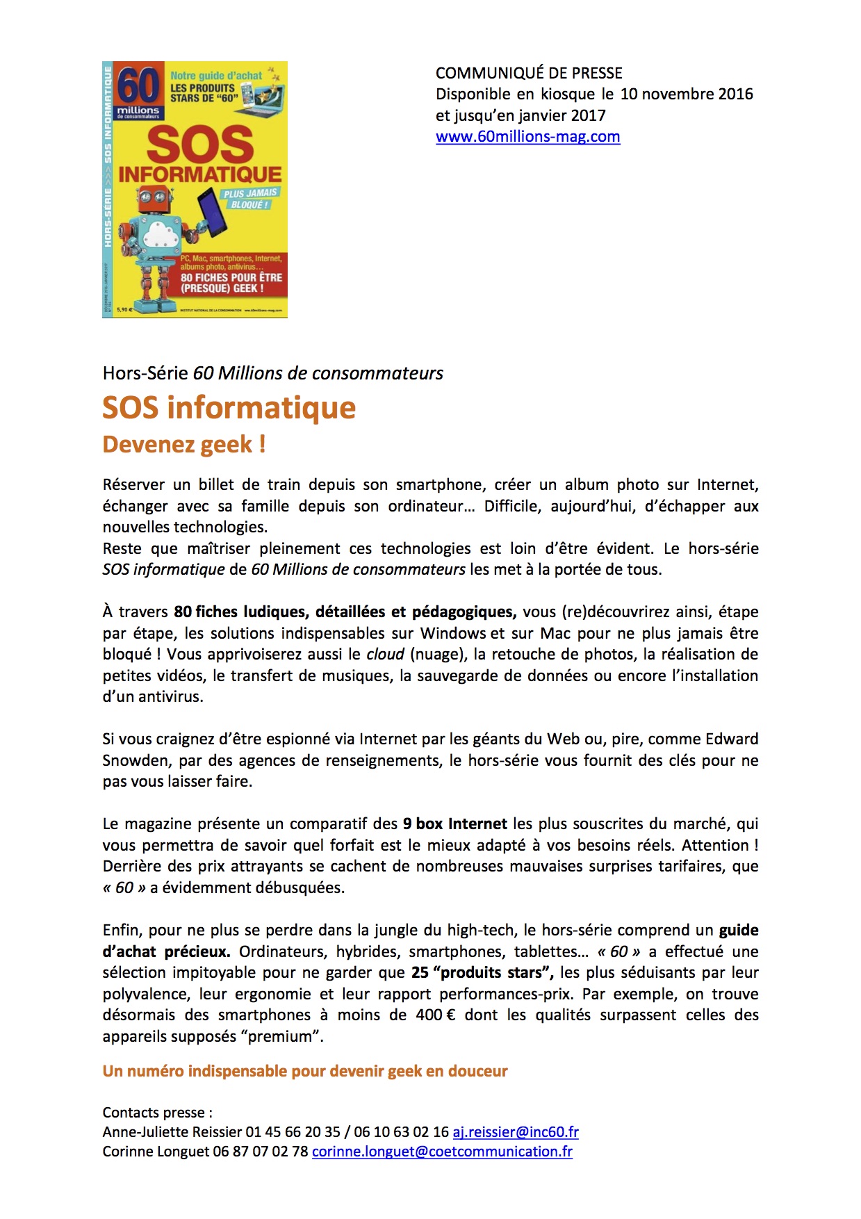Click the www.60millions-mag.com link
tap(527, 137)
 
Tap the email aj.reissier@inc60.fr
tap(516, 1132)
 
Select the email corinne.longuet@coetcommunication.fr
tap(442, 1152)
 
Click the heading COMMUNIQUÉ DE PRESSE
tap(529, 73)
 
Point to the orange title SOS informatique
tap(229, 408)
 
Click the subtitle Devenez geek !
tap(184, 445)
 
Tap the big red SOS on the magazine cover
tap(200, 145)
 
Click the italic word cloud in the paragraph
tap(385, 655)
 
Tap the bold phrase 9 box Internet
tap(454, 824)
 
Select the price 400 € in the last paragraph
tap(436, 1015)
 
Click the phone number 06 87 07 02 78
tap(261, 1152)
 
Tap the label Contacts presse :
tap(157, 1113)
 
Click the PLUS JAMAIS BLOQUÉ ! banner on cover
tap(250, 199)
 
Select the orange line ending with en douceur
tap(304, 1072)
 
